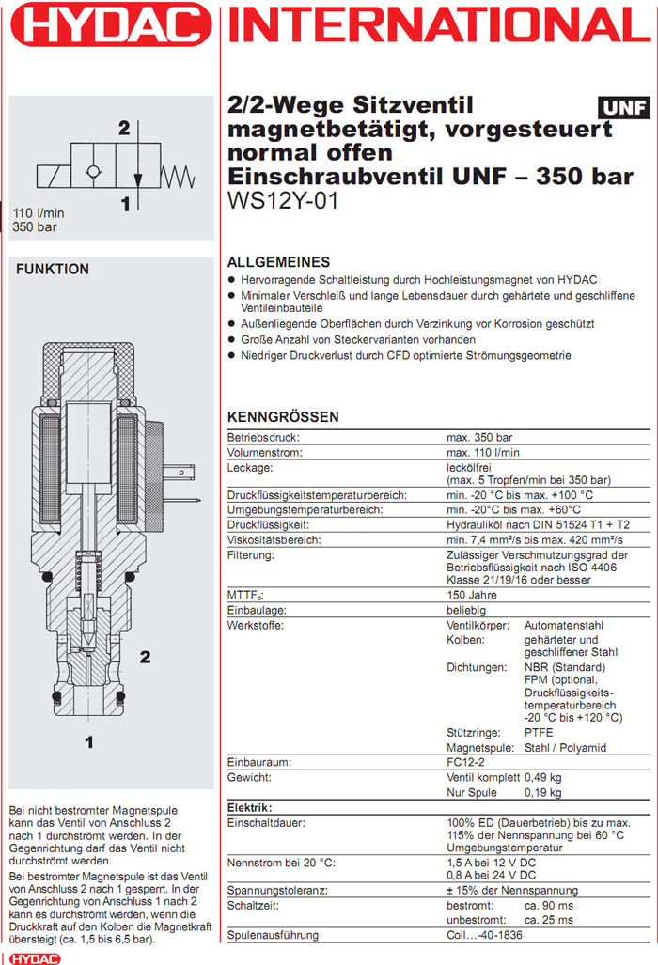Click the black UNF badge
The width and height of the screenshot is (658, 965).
(622, 106)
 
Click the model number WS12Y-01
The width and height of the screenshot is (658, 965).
(283, 201)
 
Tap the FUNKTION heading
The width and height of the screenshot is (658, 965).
(53, 269)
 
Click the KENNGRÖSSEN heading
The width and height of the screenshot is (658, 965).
(283, 417)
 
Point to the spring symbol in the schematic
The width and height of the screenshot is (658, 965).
(179, 175)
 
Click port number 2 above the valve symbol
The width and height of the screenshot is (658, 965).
(124, 129)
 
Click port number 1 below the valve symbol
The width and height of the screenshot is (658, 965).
(124, 201)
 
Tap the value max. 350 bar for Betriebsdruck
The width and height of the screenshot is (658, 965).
(478, 438)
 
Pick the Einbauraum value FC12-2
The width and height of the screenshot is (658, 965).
(467, 762)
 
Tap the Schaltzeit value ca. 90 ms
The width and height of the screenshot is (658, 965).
(550, 904)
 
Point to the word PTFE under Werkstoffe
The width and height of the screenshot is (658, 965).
(539, 732)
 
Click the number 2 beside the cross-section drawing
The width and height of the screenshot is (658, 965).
(145, 657)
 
